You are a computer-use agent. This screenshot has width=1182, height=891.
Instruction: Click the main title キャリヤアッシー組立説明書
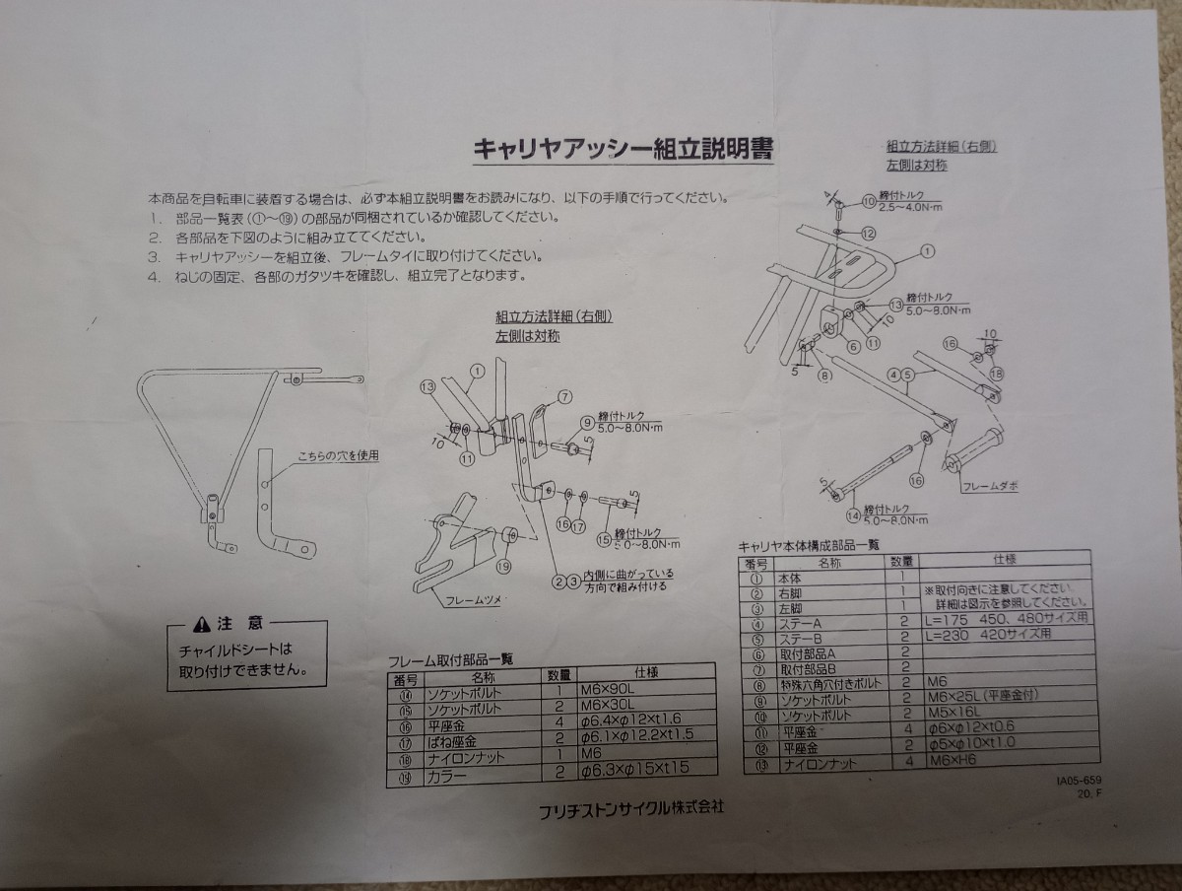pos(624,150)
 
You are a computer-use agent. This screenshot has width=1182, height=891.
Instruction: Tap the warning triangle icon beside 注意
pos(201,623)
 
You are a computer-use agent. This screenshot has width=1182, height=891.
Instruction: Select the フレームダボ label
pos(992,484)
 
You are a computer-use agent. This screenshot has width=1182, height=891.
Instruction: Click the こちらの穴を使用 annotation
pos(338,455)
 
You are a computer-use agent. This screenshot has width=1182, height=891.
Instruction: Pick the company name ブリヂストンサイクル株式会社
pos(631,807)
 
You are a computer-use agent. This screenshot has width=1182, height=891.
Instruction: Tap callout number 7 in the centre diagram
pos(565,397)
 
